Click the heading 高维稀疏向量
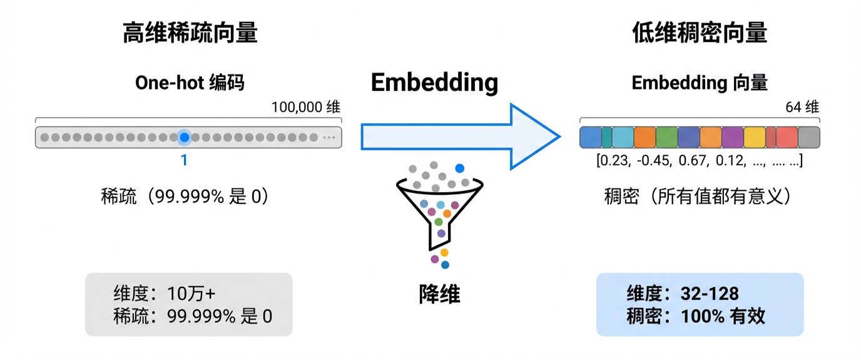[x=190, y=33]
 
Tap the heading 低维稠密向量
[x=700, y=33]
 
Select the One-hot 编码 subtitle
[x=190, y=83]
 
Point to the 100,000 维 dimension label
[x=305, y=107]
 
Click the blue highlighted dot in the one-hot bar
[x=184, y=137]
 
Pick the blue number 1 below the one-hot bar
[x=184, y=160]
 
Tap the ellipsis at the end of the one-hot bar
[x=329, y=137]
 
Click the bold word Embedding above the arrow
[x=434, y=83]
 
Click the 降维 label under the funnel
[x=439, y=294]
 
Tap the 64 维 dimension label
[x=802, y=107]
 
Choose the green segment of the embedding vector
[x=666, y=137]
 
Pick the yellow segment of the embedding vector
[x=755, y=137]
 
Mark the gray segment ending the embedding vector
[x=808, y=137]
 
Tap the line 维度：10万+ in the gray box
[x=165, y=293]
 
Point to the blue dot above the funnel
[x=460, y=168]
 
